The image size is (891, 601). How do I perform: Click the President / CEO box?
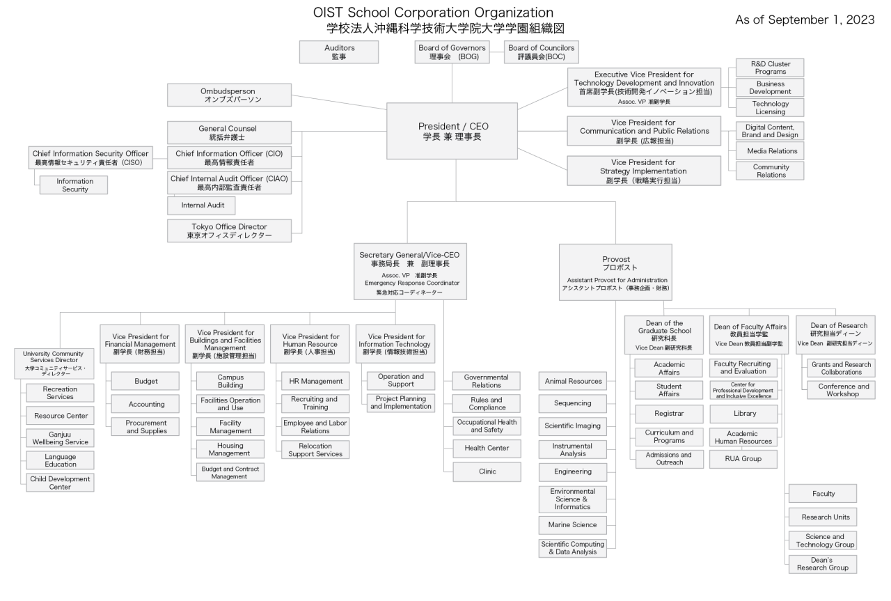tap(452, 131)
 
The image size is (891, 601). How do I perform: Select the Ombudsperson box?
tap(229, 95)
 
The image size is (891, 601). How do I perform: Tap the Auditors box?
tap(339, 52)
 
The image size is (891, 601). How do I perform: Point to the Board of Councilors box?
tap(542, 52)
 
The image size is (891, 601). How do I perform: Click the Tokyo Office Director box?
tap(229, 231)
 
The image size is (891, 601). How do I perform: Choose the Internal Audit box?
tap(201, 205)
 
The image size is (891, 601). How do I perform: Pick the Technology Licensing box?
tap(770, 107)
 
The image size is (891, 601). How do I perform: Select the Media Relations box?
tap(770, 151)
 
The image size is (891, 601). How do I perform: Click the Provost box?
tap(615, 272)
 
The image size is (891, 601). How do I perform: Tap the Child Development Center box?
tap(60, 483)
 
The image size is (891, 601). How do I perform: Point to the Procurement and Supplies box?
tap(145, 427)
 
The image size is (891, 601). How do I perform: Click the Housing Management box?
tap(230, 449)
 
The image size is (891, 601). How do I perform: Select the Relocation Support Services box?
tap(315, 449)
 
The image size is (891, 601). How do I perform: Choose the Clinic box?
tap(487, 471)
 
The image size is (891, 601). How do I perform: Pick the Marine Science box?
tap(573, 525)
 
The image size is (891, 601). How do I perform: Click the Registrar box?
tap(670, 414)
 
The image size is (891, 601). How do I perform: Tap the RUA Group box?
tap(743, 459)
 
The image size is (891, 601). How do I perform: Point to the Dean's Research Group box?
tap(823, 564)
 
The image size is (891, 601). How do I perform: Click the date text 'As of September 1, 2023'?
tap(805, 19)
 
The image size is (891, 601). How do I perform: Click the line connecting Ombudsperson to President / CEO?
tap(339, 102)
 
